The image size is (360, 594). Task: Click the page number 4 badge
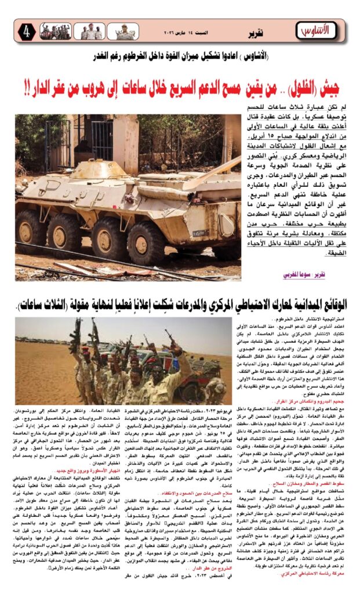[x=26, y=31]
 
